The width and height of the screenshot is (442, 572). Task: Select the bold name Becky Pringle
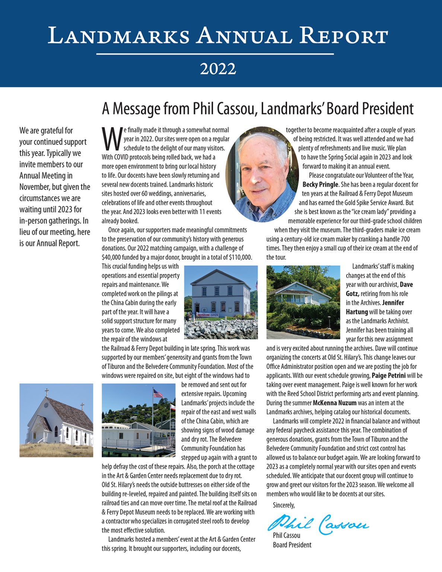[320, 184]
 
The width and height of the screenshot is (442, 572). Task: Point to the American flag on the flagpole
[158, 393]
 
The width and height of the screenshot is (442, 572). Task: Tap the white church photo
[56, 420]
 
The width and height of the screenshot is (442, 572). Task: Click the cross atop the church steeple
[47, 392]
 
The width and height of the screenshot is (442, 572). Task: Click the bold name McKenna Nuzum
[334, 403]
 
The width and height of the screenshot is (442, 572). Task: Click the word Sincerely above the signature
[283, 505]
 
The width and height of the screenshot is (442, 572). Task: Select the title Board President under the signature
[292, 545]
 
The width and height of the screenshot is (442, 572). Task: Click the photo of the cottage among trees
[303, 302]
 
